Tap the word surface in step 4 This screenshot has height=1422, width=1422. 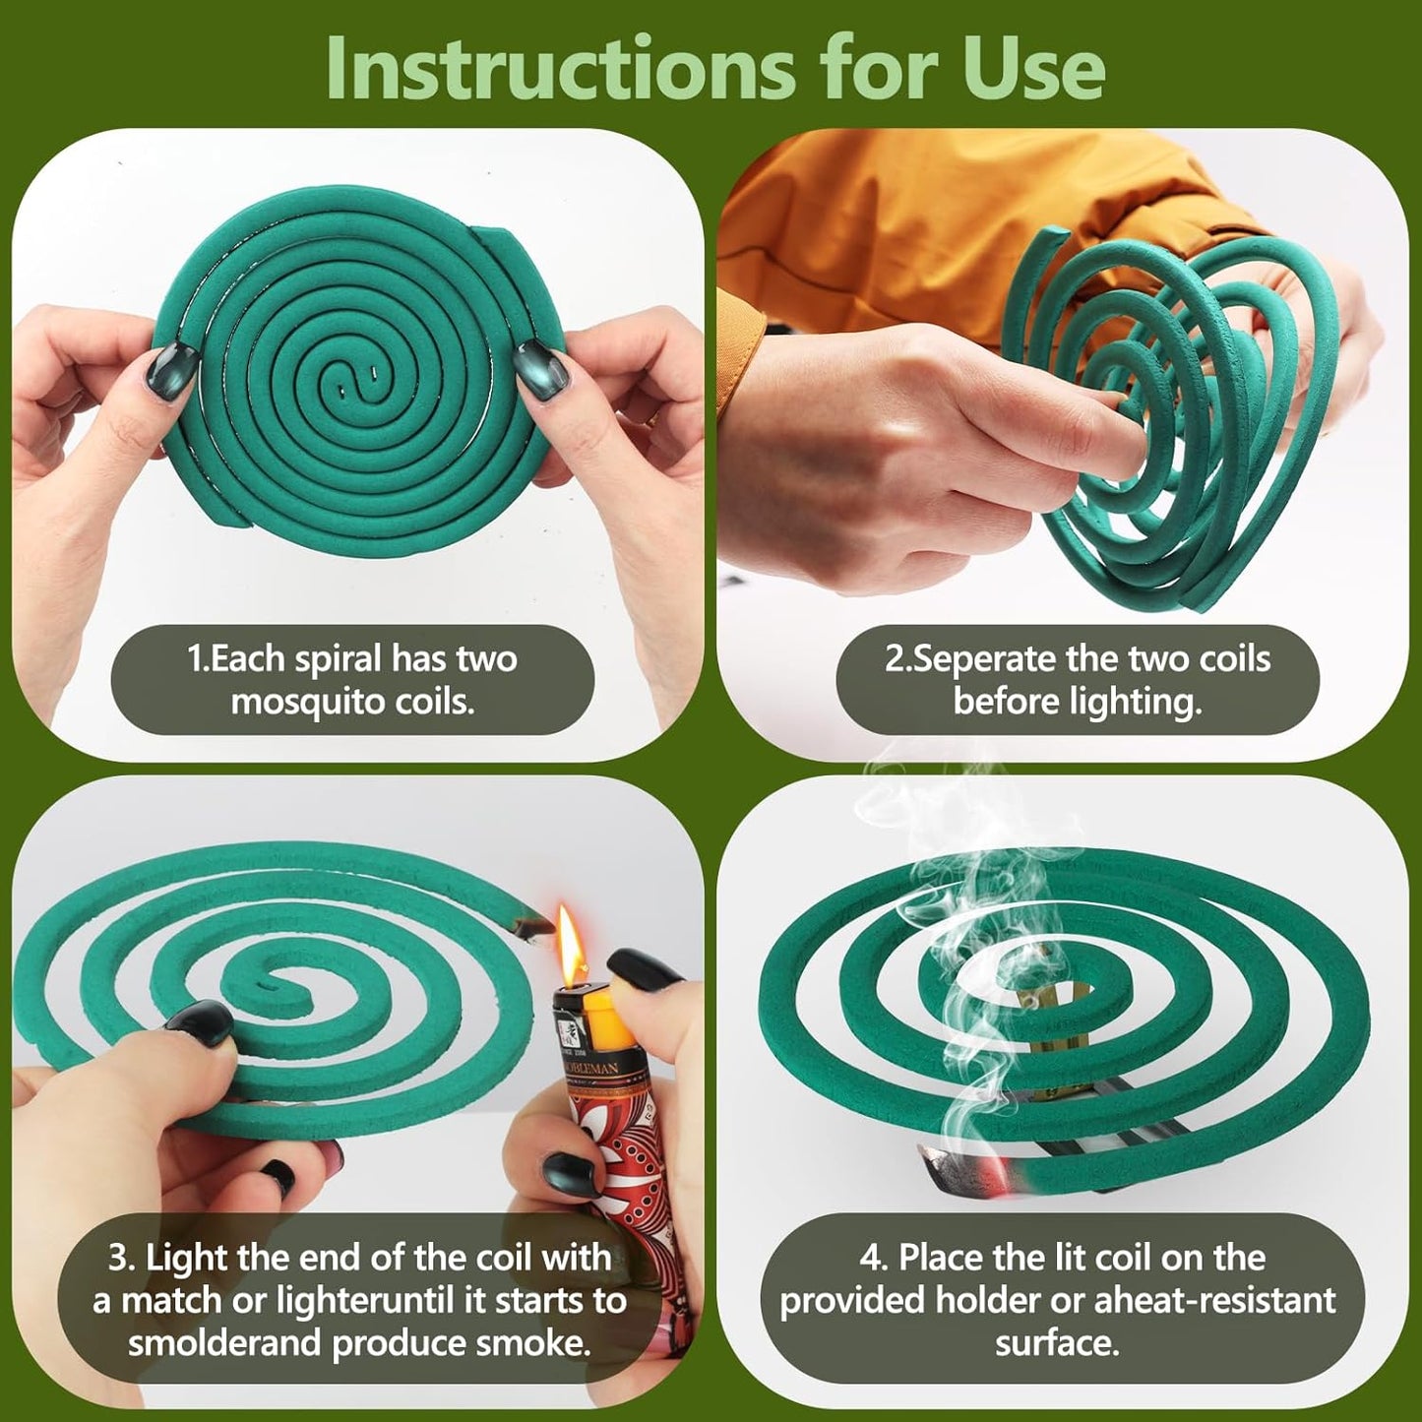(1057, 1343)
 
